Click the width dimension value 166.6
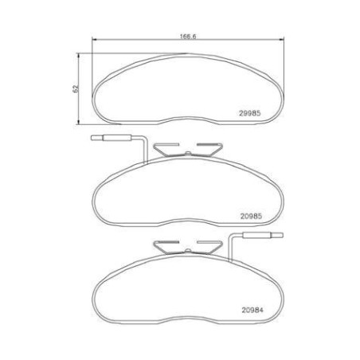pyautogui.click(x=188, y=37)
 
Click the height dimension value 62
pyautogui.click(x=76, y=88)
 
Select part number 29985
pyautogui.click(x=250, y=113)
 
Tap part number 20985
pyautogui.click(x=251, y=216)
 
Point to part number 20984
pyautogui.click(x=252, y=310)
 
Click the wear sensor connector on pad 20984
pyautogui.click(x=263, y=235)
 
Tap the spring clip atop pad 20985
pyautogui.click(x=188, y=150)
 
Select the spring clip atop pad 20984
pyautogui.click(x=188, y=248)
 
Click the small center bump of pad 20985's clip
pyautogui.click(x=188, y=153)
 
